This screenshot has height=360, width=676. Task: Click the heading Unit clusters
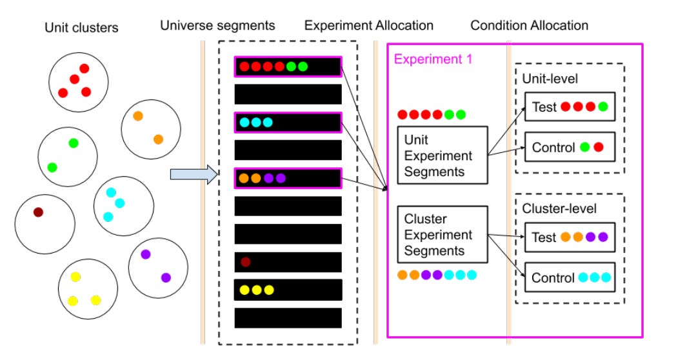click(82, 27)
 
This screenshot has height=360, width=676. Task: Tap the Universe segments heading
click(217, 26)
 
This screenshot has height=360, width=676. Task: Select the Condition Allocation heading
click(529, 26)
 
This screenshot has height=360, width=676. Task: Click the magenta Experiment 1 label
click(433, 59)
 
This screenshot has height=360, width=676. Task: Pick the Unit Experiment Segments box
click(438, 155)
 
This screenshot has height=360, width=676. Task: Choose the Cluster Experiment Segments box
click(438, 234)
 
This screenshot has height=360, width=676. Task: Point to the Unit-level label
click(550, 78)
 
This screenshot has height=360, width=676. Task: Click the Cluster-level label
click(559, 208)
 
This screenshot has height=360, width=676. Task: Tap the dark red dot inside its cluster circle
click(39, 212)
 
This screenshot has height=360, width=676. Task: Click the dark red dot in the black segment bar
click(245, 262)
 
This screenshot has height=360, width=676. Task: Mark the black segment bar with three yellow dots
click(288, 290)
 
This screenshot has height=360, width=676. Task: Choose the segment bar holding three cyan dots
click(288, 122)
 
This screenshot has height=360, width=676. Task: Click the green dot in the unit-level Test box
click(602, 106)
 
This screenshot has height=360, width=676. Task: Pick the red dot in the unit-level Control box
click(599, 147)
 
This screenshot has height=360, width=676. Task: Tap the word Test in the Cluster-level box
click(544, 237)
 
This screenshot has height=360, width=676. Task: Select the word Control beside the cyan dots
click(553, 278)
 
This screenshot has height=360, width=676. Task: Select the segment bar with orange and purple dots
click(288, 177)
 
